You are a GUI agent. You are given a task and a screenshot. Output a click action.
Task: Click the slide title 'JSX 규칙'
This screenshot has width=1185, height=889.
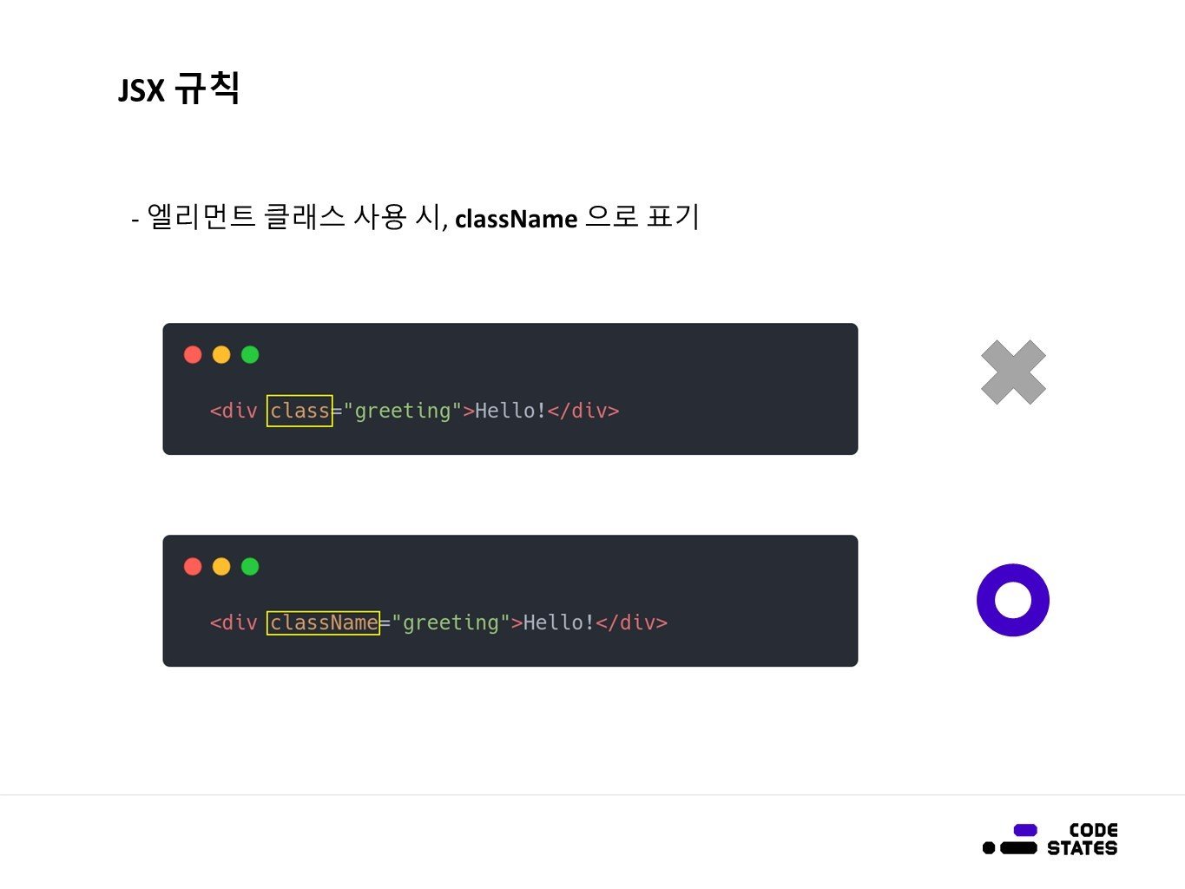179,89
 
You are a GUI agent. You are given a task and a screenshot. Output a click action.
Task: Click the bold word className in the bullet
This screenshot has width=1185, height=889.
516,219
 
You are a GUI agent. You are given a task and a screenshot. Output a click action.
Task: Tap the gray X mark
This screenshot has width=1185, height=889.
1013,372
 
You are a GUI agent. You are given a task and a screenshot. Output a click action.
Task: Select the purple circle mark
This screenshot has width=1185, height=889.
1013,600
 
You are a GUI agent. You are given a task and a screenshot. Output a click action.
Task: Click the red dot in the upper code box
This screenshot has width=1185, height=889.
193,354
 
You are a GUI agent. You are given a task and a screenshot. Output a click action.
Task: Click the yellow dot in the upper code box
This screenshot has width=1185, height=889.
221,354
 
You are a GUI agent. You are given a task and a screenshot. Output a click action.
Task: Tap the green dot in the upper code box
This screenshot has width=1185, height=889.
250,354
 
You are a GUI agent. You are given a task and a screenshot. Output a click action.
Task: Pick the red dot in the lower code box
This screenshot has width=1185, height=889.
193,566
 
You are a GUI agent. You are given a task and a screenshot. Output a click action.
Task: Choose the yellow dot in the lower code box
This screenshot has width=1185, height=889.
221,566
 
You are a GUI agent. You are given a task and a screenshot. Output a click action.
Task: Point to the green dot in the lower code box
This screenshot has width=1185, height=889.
250,566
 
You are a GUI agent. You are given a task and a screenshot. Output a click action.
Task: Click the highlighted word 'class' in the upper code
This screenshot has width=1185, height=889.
300,411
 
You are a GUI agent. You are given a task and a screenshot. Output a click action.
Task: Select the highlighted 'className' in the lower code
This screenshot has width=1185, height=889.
323,622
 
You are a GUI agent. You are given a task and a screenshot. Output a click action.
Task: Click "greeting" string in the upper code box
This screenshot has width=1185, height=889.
403,411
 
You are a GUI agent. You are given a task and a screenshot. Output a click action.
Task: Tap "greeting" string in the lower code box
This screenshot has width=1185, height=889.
451,622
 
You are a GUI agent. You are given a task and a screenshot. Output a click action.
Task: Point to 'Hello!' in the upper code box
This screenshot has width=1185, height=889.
510,411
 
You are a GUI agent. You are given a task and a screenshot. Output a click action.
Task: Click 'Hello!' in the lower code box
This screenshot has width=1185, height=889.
558,622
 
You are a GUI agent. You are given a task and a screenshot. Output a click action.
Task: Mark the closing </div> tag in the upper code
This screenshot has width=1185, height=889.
583,411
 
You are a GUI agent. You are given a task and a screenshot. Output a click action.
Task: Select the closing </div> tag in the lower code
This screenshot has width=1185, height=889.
631,622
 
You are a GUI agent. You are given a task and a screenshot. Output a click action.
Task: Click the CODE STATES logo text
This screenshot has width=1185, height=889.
1082,840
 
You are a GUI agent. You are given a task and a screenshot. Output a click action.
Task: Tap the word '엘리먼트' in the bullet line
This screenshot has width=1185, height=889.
201,217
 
